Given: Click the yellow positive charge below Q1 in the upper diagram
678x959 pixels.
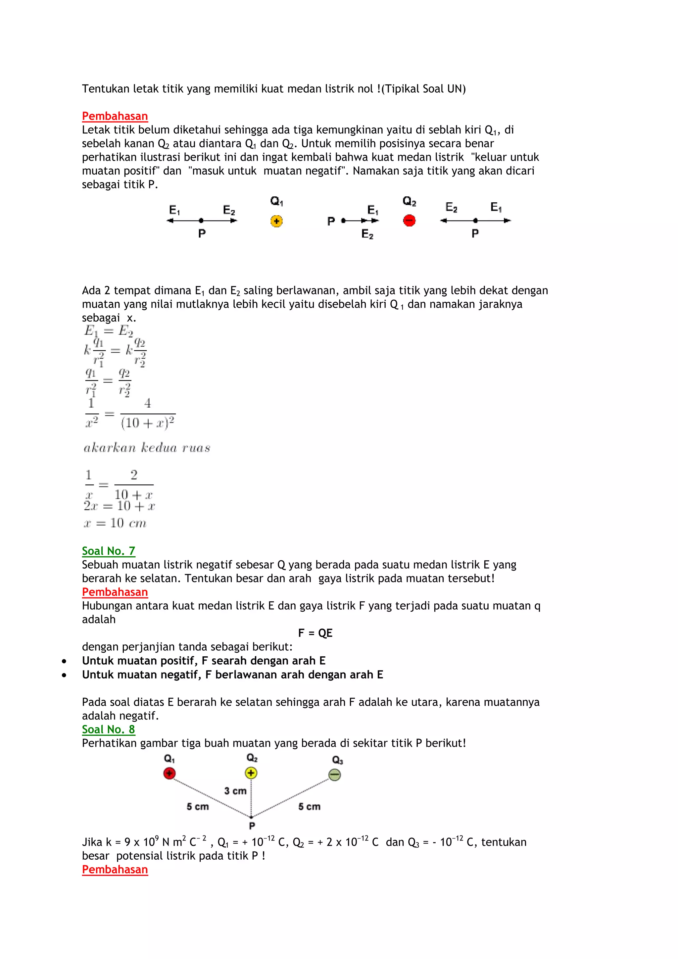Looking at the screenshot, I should [x=276, y=221].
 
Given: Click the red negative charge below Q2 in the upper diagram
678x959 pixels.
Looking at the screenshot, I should [x=409, y=220].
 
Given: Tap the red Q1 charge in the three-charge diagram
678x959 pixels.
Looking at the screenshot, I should [x=169, y=774].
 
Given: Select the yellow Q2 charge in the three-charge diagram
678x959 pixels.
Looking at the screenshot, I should [x=251, y=773].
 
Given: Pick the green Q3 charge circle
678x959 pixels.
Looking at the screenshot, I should [x=335, y=775].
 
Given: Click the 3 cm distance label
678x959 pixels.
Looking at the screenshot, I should [x=235, y=791].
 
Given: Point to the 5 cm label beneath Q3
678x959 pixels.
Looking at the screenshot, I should [x=309, y=807].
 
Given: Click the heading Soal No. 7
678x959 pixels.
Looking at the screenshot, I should [x=109, y=551].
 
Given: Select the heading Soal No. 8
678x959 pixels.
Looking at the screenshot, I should [x=109, y=729].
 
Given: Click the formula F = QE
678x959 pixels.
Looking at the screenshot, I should [x=315, y=633].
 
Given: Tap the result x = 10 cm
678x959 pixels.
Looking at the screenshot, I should [x=115, y=523].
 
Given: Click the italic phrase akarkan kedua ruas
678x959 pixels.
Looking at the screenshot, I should [x=147, y=448].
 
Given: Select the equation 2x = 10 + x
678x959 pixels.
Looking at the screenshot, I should [x=120, y=506].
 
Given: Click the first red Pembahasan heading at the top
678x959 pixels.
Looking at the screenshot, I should [x=115, y=116].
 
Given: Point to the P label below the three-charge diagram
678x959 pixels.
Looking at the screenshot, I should [x=252, y=826].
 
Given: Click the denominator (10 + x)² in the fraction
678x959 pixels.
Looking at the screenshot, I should [x=147, y=423].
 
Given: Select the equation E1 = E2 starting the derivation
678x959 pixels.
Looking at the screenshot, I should [x=109, y=331].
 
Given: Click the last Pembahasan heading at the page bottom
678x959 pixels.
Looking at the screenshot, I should [x=115, y=870].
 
